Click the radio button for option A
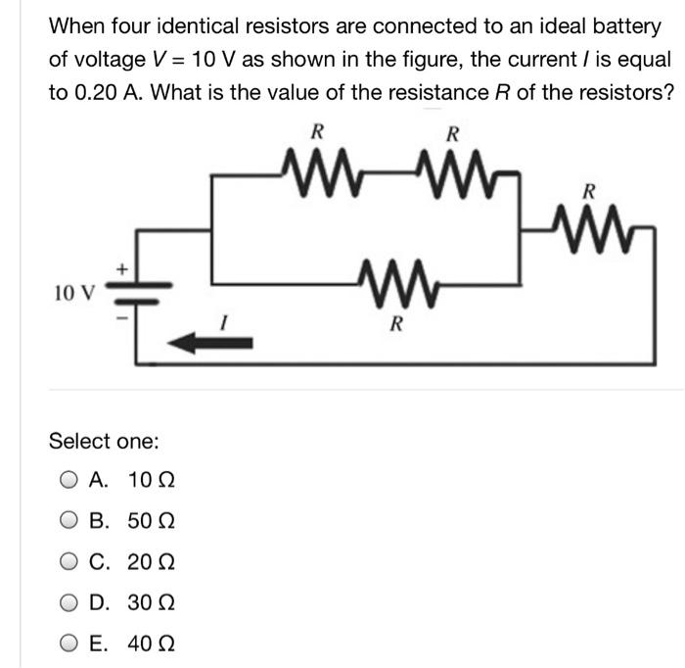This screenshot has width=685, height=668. pyautogui.click(x=68, y=481)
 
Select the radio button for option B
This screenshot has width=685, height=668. pyautogui.click(x=68, y=521)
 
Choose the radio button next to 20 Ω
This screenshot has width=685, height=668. pyautogui.click(x=68, y=562)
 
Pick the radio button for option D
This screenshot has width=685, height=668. pyautogui.click(x=68, y=602)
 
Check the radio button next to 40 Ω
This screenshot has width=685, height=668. pyautogui.click(x=68, y=644)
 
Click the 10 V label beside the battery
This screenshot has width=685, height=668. pyautogui.click(x=74, y=291)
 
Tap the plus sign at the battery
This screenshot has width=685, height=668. pyautogui.click(x=122, y=266)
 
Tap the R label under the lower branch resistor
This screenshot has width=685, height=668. pyautogui.click(x=394, y=324)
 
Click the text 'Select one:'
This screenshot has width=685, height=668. pyautogui.click(x=104, y=442)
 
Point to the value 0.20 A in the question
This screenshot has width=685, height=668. pyautogui.click(x=83, y=93)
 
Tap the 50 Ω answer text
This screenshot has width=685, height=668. pyautogui.click(x=152, y=521)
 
